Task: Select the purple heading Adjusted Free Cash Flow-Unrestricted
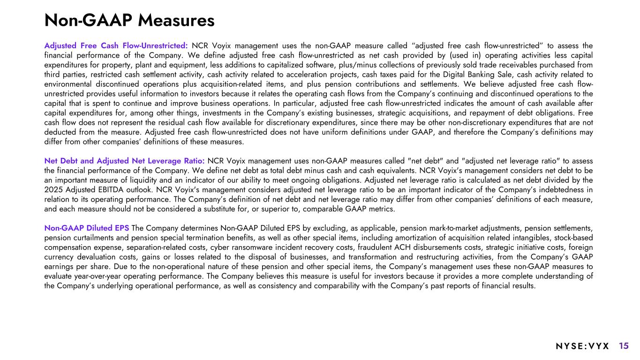[116, 46]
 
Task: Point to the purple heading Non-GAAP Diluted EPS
[87, 228]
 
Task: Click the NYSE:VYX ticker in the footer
[582, 346]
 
